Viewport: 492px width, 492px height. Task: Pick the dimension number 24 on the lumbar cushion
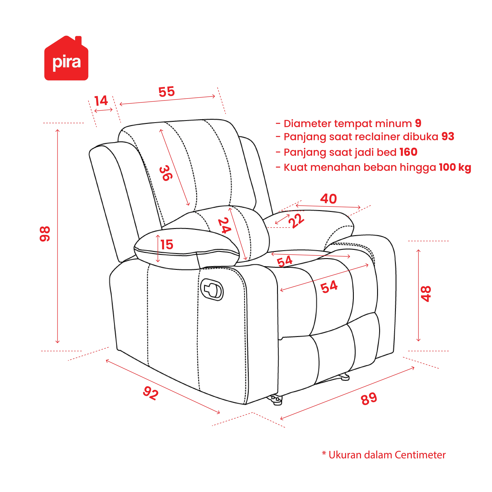[225, 225]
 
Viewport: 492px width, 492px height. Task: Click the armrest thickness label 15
[167, 245]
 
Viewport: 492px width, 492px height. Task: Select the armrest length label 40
[329, 199]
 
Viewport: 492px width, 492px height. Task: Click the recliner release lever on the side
[212, 290]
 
